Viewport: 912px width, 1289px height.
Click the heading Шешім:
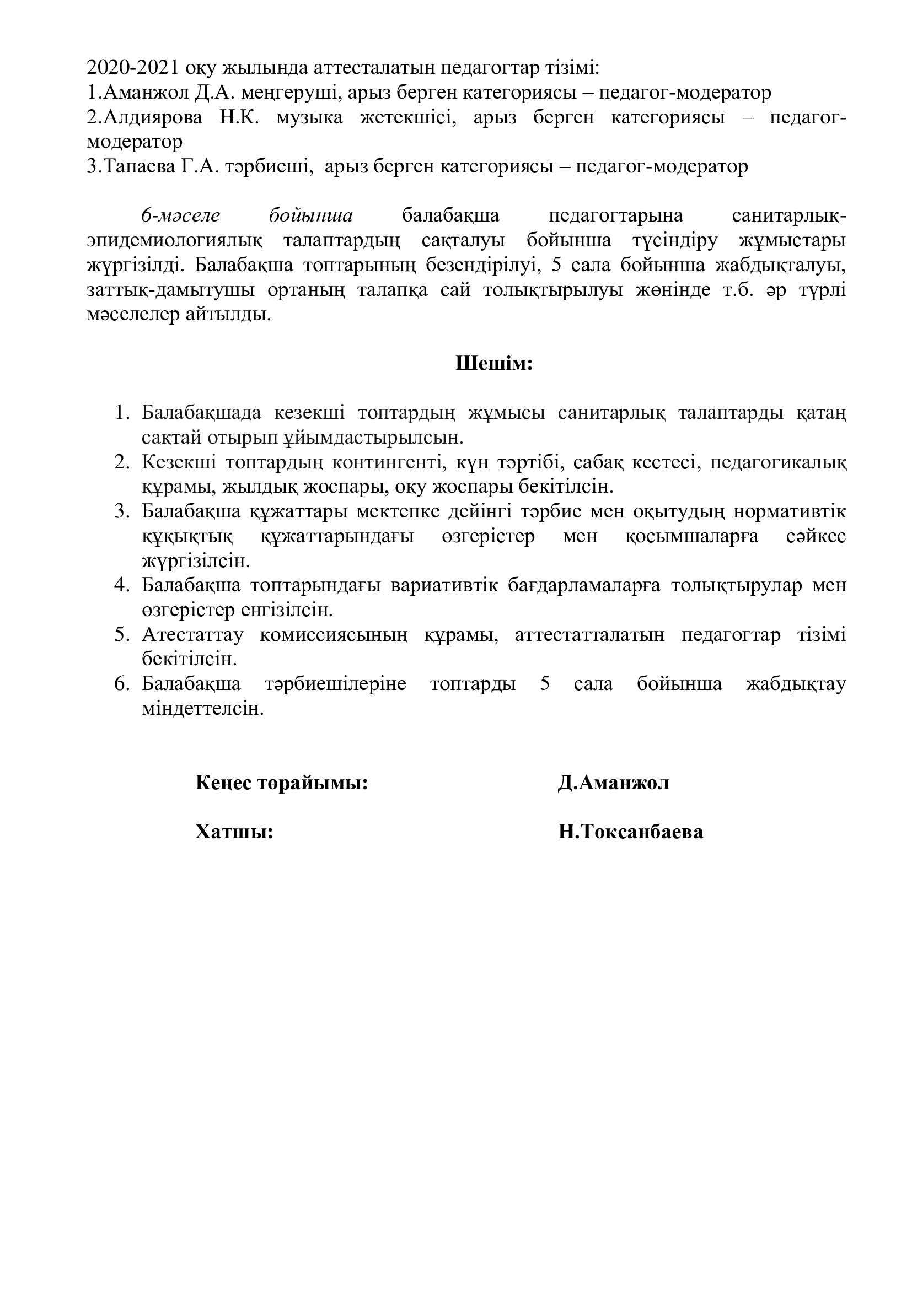pyautogui.click(x=493, y=364)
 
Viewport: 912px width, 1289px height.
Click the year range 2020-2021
pyautogui.click(x=133, y=68)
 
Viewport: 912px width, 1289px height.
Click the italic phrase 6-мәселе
pyautogui.click(x=180, y=215)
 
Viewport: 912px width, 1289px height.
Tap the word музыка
pyautogui.click(x=309, y=118)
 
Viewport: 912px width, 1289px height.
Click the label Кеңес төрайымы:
pyautogui.click(x=281, y=783)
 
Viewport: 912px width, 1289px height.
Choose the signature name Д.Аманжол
pyautogui.click(x=613, y=783)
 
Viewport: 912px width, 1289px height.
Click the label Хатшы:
pyautogui.click(x=234, y=832)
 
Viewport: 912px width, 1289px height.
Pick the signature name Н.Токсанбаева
pyautogui.click(x=630, y=832)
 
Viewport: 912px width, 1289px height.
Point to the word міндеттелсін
pyautogui.click(x=203, y=709)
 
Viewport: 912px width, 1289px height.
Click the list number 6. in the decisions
pyautogui.click(x=122, y=684)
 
